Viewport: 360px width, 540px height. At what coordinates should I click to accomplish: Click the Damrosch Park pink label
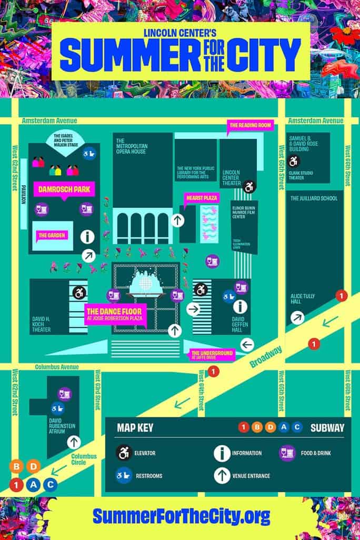pyautogui.click(x=63, y=188)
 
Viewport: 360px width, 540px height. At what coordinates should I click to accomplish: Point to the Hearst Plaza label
pyautogui.click(x=201, y=198)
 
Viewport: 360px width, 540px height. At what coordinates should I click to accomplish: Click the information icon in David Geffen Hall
pyautogui.click(x=241, y=307)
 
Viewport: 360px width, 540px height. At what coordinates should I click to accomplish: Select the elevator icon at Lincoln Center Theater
pyautogui.click(x=249, y=186)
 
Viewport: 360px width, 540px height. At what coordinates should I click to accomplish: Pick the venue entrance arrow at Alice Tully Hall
pyautogui.click(x=298, y=317)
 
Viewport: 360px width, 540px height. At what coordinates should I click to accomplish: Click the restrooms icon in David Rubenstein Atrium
pyautogui.click(x=56, y=408)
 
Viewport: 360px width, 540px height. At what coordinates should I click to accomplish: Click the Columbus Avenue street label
pyautogui.click(x=57, y=367)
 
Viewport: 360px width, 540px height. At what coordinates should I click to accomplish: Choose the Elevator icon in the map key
pyautogui.click(x=124, y=453)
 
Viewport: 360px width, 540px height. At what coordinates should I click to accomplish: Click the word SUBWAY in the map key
pyautogui.click(x=327, y=427)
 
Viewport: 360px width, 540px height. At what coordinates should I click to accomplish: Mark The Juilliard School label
pyautogui.click(x=314, y=198)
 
